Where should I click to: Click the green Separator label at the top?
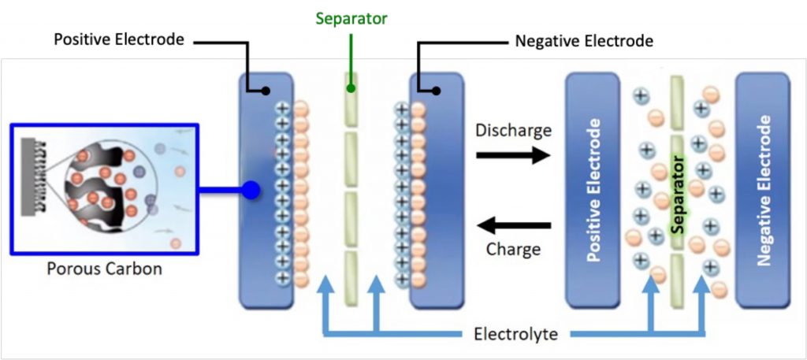[x=351, y=19]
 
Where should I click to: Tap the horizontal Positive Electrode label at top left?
[x=119, y=39]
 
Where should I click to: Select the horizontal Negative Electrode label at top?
[x=584, y=41]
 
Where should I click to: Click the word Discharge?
[x=513, y=131]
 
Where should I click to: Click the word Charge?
[x=513, y=250]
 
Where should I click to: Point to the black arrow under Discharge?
[x=513, y=155]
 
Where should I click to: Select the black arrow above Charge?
[x=513, y=225]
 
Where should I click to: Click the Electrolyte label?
[x=515, y=334]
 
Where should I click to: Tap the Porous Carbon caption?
[x=105, y=269]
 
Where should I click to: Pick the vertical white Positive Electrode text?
[x=593, y=191]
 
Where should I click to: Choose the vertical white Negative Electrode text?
[x=764, y=191]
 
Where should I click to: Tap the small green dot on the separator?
[x=351, y=88]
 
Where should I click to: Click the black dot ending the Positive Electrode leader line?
[x=266, y=91]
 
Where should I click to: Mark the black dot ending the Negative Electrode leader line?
[x=436, y=91]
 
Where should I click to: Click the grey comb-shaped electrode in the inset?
[x=31, y=176]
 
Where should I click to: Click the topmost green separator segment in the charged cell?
[x=351, y=99]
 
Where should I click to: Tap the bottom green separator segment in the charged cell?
[x=351, y=278]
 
